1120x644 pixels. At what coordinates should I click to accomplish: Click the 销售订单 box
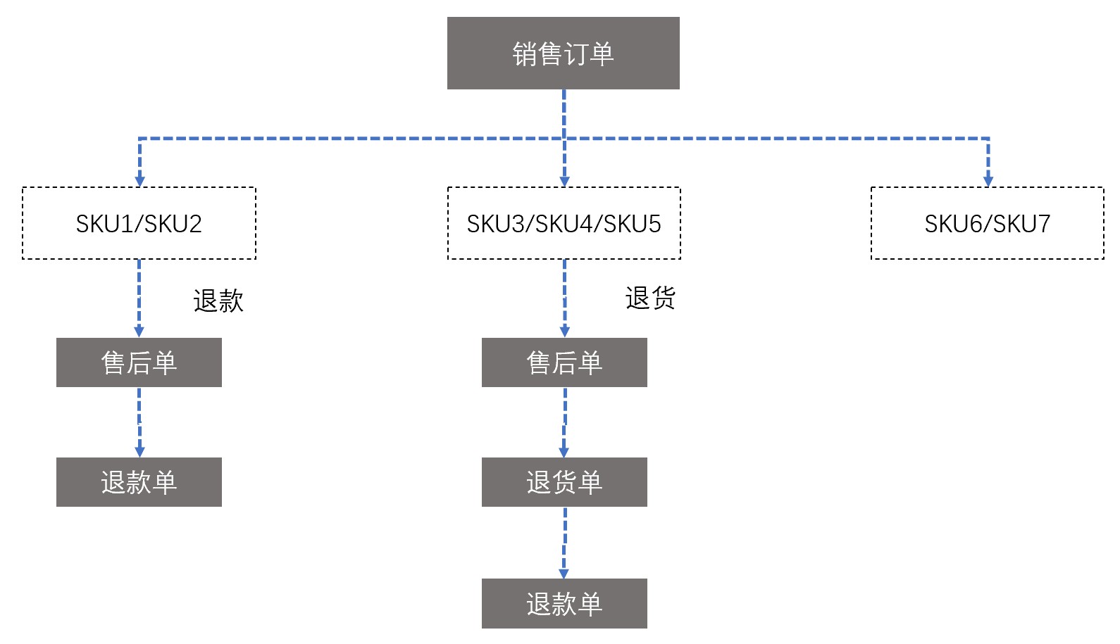pos(563,53)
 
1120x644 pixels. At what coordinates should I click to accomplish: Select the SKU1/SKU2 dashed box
pos(139,223)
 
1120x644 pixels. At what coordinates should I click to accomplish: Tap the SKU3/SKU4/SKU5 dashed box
pos(564,223)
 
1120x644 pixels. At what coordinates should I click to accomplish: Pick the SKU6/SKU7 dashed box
pos(987,223)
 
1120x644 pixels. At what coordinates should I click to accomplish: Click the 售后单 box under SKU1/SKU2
pos(139,362)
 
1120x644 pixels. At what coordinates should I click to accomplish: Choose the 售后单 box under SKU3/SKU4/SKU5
pos(564,362)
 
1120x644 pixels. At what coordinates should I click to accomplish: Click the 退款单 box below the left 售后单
pos(139,482)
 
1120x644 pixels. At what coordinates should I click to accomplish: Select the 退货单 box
pos(564,482)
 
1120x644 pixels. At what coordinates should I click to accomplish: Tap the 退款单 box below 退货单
pos(564,603)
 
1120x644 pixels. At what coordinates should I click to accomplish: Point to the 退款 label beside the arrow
pos(218,301)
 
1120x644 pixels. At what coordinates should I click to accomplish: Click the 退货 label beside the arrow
pos(650,298)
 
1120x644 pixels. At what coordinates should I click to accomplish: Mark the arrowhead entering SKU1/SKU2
pos(139,181)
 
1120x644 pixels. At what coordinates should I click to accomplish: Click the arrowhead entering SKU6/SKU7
pos(988,181)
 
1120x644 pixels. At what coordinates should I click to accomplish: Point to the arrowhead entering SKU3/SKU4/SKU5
pos(564,181)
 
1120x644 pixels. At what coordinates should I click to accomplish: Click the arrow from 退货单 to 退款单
pos(564,542)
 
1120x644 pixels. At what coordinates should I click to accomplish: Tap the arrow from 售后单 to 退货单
pos(564,422)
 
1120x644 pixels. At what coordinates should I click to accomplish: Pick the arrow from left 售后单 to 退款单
pos(139,422)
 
